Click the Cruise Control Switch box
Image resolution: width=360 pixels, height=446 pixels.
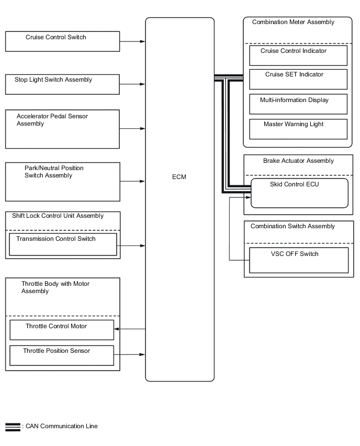pyautogui.click(x=62, y=41)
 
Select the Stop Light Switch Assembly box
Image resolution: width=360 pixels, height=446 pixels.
pyautogui.click(x=62, y=84)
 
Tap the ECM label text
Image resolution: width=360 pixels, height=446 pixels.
pyautogui.click(x=179, y=177)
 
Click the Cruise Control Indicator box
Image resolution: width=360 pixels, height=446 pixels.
pyautogui.click(x=298, y=55)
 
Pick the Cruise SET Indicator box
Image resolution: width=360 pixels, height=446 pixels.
pyautogui.click(x=298, y=79)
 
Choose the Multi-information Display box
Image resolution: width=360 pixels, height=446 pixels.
pyautogui.click(x=298, y=104)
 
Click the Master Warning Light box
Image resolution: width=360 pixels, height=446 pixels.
pyautogui.click(x=298, y=129)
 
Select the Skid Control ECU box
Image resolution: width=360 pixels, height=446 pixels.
pyautogui.click(x=300, y=193)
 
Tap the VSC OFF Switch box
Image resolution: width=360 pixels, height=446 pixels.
pyautogui.click(x=299, y=260)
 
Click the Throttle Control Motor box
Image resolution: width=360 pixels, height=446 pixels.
pyautogui.click(x=62, y=330)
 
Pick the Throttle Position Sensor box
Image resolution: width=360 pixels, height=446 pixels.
pyautogui.click(x=62, y=355)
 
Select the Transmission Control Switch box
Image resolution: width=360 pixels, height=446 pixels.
pyautogui.click(x=63, y=244)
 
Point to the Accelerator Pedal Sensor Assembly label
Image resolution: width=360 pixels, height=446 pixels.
pyautogui.click(x=52, y=120)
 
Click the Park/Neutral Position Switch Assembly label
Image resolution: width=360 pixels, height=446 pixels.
pyautogui.click(x=54, y=172)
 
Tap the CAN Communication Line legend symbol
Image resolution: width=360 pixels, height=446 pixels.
pyautogui.click(x=13, y=427)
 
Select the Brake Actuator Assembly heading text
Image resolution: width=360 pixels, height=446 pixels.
pyautogui.click(x=298, y=161)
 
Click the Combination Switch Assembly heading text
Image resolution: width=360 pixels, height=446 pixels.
pyautogui.click(x=292, y=226)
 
